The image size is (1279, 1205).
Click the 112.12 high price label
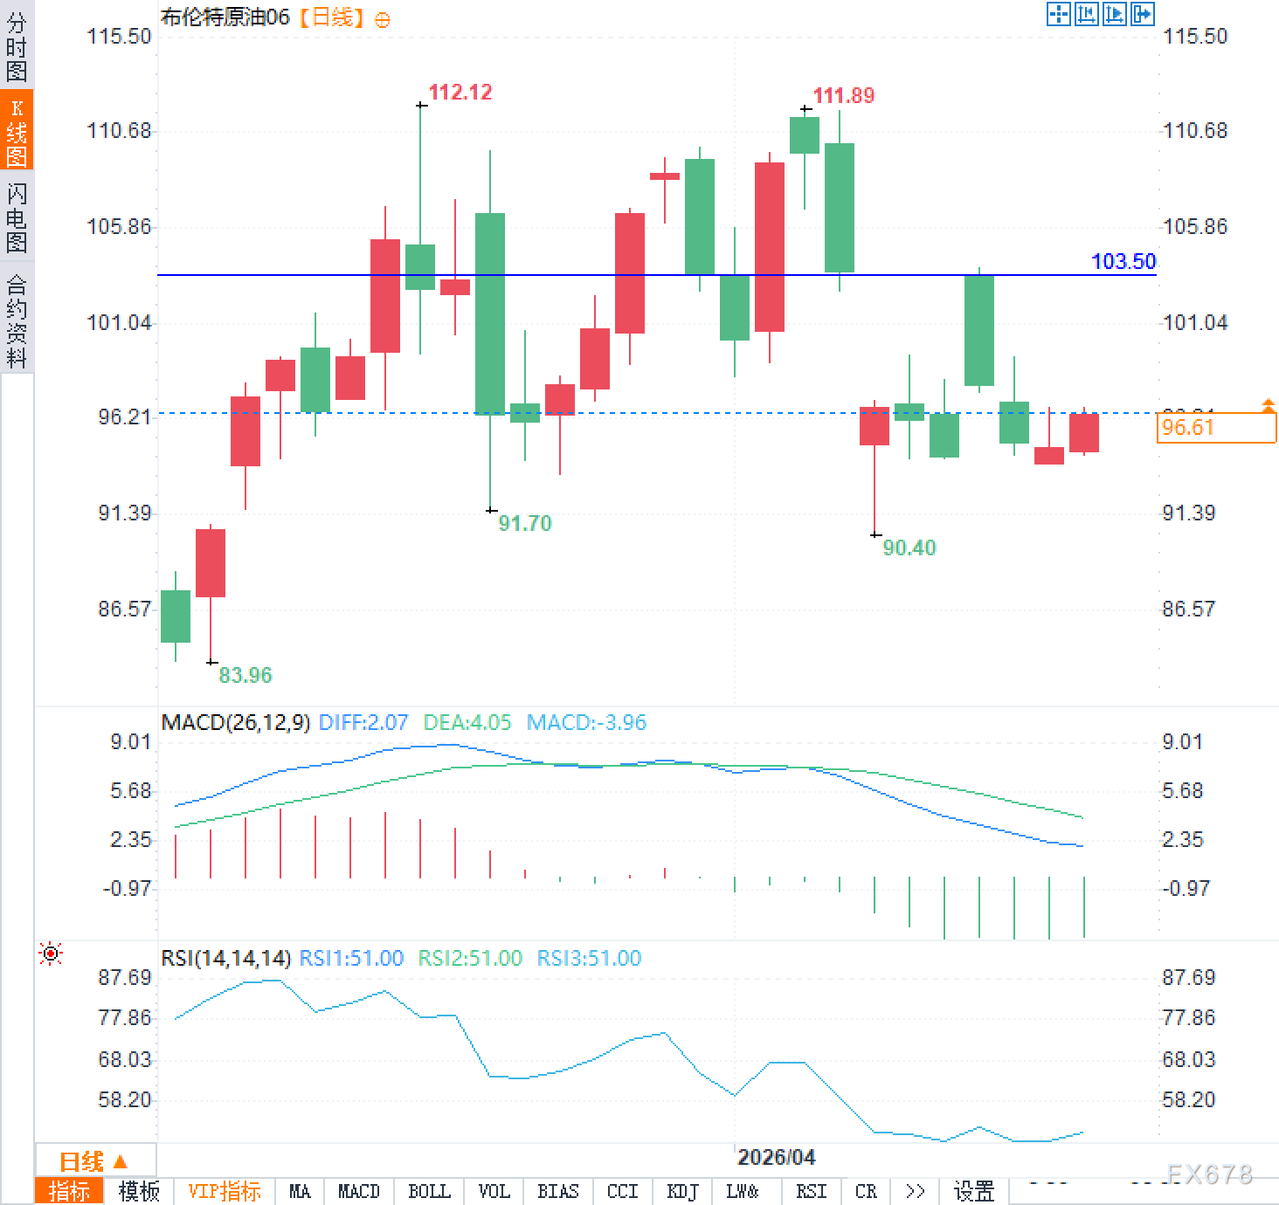(460, 93)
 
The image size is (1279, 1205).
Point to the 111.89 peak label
(843, 96)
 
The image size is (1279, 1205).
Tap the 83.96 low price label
(245, 675)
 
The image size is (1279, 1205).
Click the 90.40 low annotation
(909, 547)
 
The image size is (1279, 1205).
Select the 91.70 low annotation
(524, 523)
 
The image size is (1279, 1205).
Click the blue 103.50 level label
(1123, 261)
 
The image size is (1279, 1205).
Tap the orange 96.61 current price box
(1214, 427)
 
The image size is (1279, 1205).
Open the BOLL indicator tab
(429, 1191)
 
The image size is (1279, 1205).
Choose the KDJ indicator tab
(681, 1191)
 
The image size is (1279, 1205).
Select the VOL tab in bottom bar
(494, 1191)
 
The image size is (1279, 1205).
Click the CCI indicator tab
(622, 1191)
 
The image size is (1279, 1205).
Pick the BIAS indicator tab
(557, 1191)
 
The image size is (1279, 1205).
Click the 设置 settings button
(973, 1191)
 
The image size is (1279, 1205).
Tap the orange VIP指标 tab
(225, 1191)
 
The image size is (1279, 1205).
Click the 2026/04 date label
(776, 1157)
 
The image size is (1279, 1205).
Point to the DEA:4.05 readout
(467, 722)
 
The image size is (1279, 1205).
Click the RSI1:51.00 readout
(351, 958)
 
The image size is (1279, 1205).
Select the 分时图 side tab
(17, 46)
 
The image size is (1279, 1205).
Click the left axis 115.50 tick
(119, 36)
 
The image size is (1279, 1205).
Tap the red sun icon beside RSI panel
(51, 954)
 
